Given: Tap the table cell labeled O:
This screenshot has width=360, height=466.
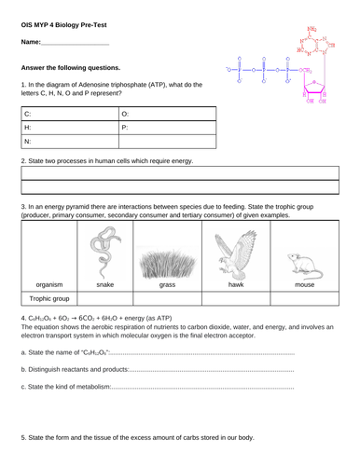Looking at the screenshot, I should [168, 113].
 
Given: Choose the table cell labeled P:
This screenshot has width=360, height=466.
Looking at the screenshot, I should [168, 128].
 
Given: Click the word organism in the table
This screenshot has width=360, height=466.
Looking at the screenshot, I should [48, 285].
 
